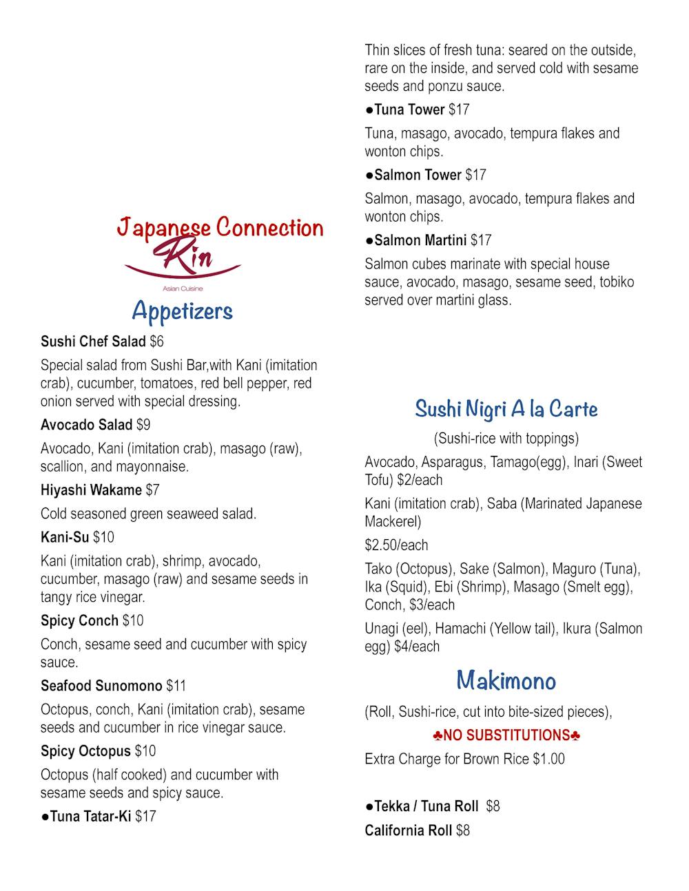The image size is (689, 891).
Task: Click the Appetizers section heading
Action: click(182, 311)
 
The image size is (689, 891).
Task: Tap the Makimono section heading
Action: click(506, 681)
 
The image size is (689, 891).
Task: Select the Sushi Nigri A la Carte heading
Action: click(506, 409)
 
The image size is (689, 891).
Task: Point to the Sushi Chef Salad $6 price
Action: click(156, 342)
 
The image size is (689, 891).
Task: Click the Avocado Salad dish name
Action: click(86, 425)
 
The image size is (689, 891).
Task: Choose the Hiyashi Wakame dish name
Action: click(91, 490)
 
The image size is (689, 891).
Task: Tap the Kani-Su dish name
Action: click(65, 537)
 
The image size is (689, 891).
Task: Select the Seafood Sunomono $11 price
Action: click(176, 686)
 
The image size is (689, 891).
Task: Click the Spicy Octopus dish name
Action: click(85, 751)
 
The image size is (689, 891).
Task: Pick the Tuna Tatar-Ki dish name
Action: click(90, 817)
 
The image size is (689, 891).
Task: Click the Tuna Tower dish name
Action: click(409, 109)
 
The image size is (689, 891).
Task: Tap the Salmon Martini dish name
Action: click(420, 240)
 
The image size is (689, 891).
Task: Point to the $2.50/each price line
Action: click(396, 545)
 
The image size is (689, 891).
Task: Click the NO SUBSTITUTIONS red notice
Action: click(506, 735)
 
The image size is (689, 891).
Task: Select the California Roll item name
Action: click(408, 830)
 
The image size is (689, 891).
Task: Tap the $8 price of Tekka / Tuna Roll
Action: click(493, 806)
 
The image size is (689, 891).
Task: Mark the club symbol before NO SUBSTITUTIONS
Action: click(438, 736)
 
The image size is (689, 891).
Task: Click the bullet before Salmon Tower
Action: click(369, 175)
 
